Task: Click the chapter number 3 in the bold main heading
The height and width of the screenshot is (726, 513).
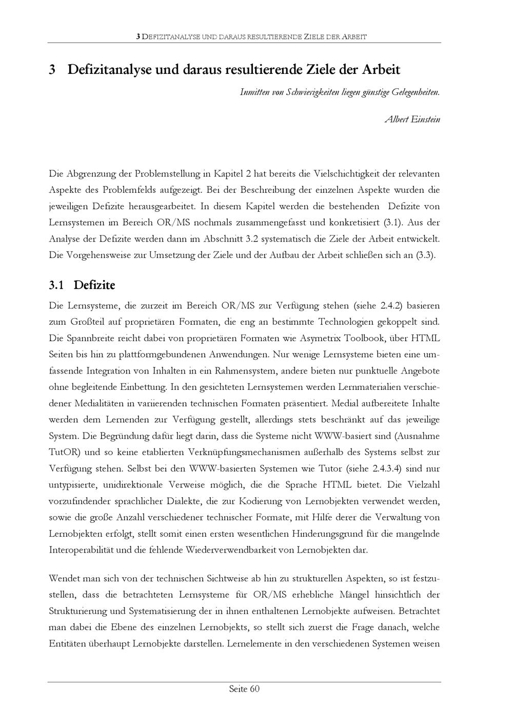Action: pyautogui.click(x=52, y=69)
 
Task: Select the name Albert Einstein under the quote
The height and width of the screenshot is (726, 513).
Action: pyautogui.click(x=412, y=120)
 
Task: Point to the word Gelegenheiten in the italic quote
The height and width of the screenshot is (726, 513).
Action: pyautogui.click(x=415, y=92)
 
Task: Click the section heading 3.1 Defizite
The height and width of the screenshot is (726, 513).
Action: pyautogui.click(x=82, y=285)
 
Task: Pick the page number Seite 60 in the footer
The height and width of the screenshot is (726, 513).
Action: pyautogui.click(x=244, y=689)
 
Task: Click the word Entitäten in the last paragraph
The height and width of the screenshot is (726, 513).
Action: pyautogui.click(x=67, y=643)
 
